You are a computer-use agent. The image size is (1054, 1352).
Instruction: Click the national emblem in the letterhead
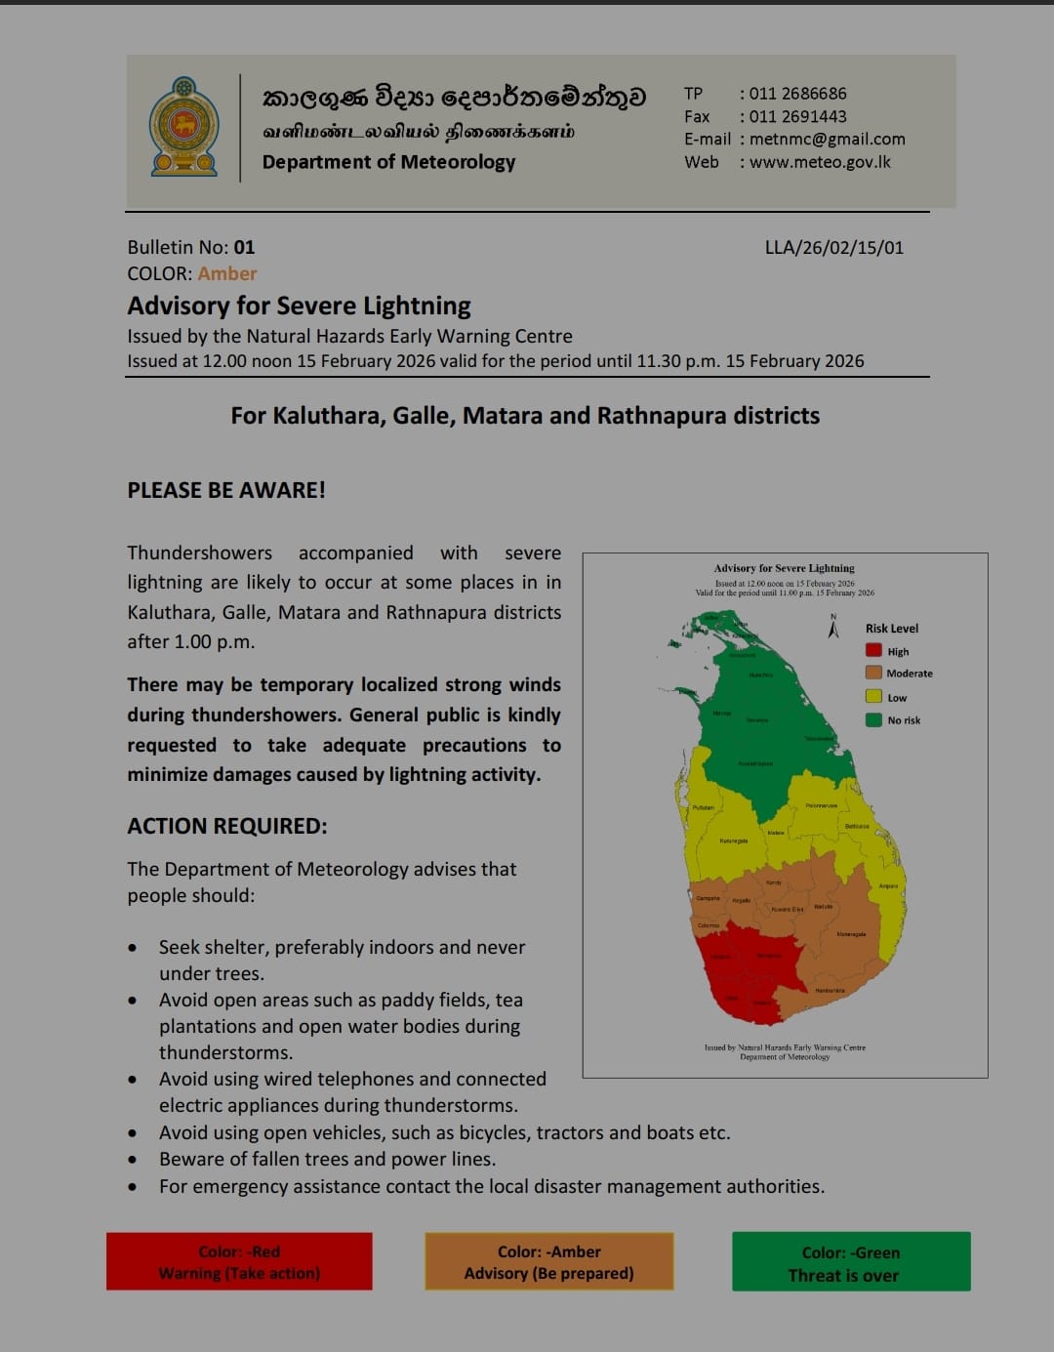point(183,127)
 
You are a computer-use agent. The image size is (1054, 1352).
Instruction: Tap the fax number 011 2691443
point(797,116)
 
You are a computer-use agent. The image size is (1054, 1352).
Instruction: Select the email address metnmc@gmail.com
point(827,139)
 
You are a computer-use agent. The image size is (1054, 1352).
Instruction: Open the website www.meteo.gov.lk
point(820,162)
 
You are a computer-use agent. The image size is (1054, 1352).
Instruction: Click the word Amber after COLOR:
point(227,273)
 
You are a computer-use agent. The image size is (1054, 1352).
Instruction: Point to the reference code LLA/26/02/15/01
point(833,247)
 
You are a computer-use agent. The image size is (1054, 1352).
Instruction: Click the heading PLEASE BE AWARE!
point(226,490)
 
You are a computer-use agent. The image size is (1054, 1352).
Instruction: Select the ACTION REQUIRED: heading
point(227,826)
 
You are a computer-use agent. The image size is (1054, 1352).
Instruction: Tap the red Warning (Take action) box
point(239,1261)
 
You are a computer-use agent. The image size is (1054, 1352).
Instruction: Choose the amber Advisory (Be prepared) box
point(548,1261)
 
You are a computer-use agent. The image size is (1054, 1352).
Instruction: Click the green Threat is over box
point(851,1262)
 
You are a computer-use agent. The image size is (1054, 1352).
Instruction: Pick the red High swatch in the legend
point(873,651)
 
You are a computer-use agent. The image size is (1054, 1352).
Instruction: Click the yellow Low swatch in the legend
point(873,697)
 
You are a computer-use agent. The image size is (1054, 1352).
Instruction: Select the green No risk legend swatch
point(873,720)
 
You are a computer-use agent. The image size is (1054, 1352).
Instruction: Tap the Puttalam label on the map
point(703,807)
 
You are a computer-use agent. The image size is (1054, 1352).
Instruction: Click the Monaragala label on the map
point(851,934)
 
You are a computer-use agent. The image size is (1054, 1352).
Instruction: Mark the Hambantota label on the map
point(830,990)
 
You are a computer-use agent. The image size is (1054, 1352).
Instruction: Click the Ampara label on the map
point(888,886)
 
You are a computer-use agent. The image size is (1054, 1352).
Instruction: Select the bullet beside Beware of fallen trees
point(133,1160)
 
